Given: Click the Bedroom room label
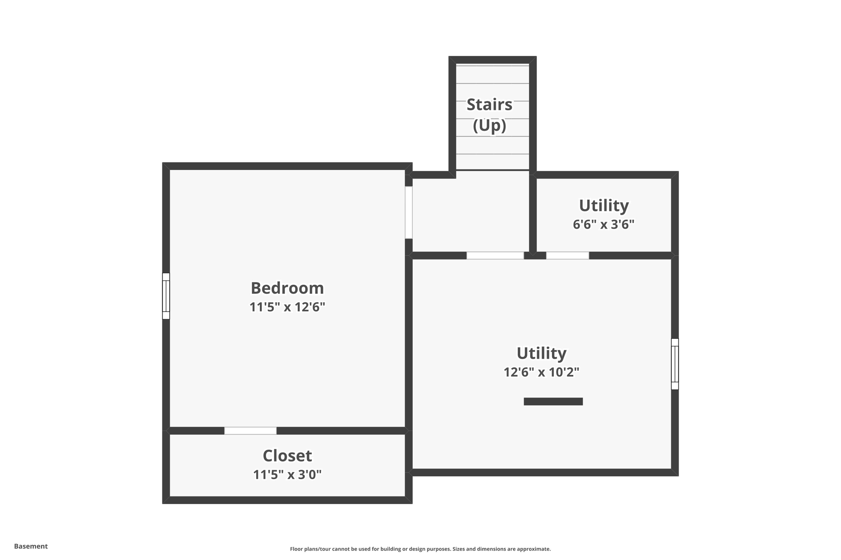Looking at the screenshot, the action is (287, 288).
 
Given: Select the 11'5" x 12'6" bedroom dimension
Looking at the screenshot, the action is (287, 307).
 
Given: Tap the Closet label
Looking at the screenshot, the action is (287, 456).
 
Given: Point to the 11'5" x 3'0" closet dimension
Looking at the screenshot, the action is (287, 475).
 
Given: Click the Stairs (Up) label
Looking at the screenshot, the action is (489, 115).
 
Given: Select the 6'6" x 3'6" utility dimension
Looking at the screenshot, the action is (604, 224).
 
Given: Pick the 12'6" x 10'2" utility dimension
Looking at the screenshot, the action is (541, 372).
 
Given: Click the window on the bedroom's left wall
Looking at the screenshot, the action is (166, 296).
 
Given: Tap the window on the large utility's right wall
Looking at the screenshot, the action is (675, 364).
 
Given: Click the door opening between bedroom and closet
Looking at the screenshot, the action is (250, 431).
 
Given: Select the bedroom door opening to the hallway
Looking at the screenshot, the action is (409, 213).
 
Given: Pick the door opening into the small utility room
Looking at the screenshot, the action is (568, 256).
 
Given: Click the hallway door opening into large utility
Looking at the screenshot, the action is (495, 256).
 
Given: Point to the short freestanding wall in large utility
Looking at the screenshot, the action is (553, 402).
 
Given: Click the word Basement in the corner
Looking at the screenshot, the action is (31, 546).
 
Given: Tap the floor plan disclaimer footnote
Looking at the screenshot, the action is (420, 549).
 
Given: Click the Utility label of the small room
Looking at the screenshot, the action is (604, 206).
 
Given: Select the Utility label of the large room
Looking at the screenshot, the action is (541, 353).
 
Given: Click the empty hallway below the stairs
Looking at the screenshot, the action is (471, 213).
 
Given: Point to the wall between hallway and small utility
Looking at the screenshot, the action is (533, 213).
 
